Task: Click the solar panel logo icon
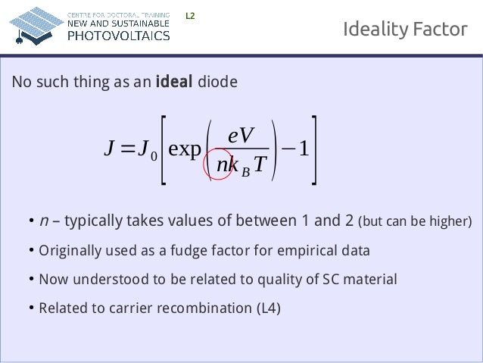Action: point(34,24)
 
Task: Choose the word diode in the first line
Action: point(217,82)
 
